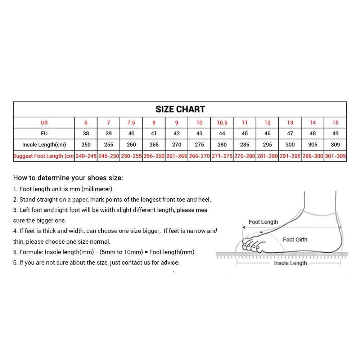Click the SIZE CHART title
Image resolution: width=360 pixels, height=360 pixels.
point(180,109)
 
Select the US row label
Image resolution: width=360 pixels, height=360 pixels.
point(44,123)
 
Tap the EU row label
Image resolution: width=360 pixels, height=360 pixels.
point(44,134)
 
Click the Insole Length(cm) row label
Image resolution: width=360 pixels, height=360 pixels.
point(44,145)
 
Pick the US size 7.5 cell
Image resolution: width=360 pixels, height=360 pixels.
point(131,123)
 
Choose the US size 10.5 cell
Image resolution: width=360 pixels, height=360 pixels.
point(222,123)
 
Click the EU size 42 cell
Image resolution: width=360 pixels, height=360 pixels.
point(177,134)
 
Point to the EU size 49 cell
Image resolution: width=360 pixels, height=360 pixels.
point(336,134)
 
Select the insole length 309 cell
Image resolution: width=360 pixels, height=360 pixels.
point(336,145)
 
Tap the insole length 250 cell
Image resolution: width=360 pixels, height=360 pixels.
point(86,145)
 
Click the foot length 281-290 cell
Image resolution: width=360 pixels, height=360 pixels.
point(267,156)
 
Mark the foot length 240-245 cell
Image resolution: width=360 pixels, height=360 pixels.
point(86,156)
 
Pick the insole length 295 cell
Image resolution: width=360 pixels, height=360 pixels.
point(267,145)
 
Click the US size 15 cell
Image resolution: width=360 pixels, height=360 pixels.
point(336,123)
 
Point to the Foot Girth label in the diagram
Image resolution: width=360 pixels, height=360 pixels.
point(295,240)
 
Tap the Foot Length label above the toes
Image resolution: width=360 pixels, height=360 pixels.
point(263,222)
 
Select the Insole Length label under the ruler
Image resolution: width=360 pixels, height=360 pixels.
point(290,263)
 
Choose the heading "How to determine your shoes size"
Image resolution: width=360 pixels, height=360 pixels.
point(68,178)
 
